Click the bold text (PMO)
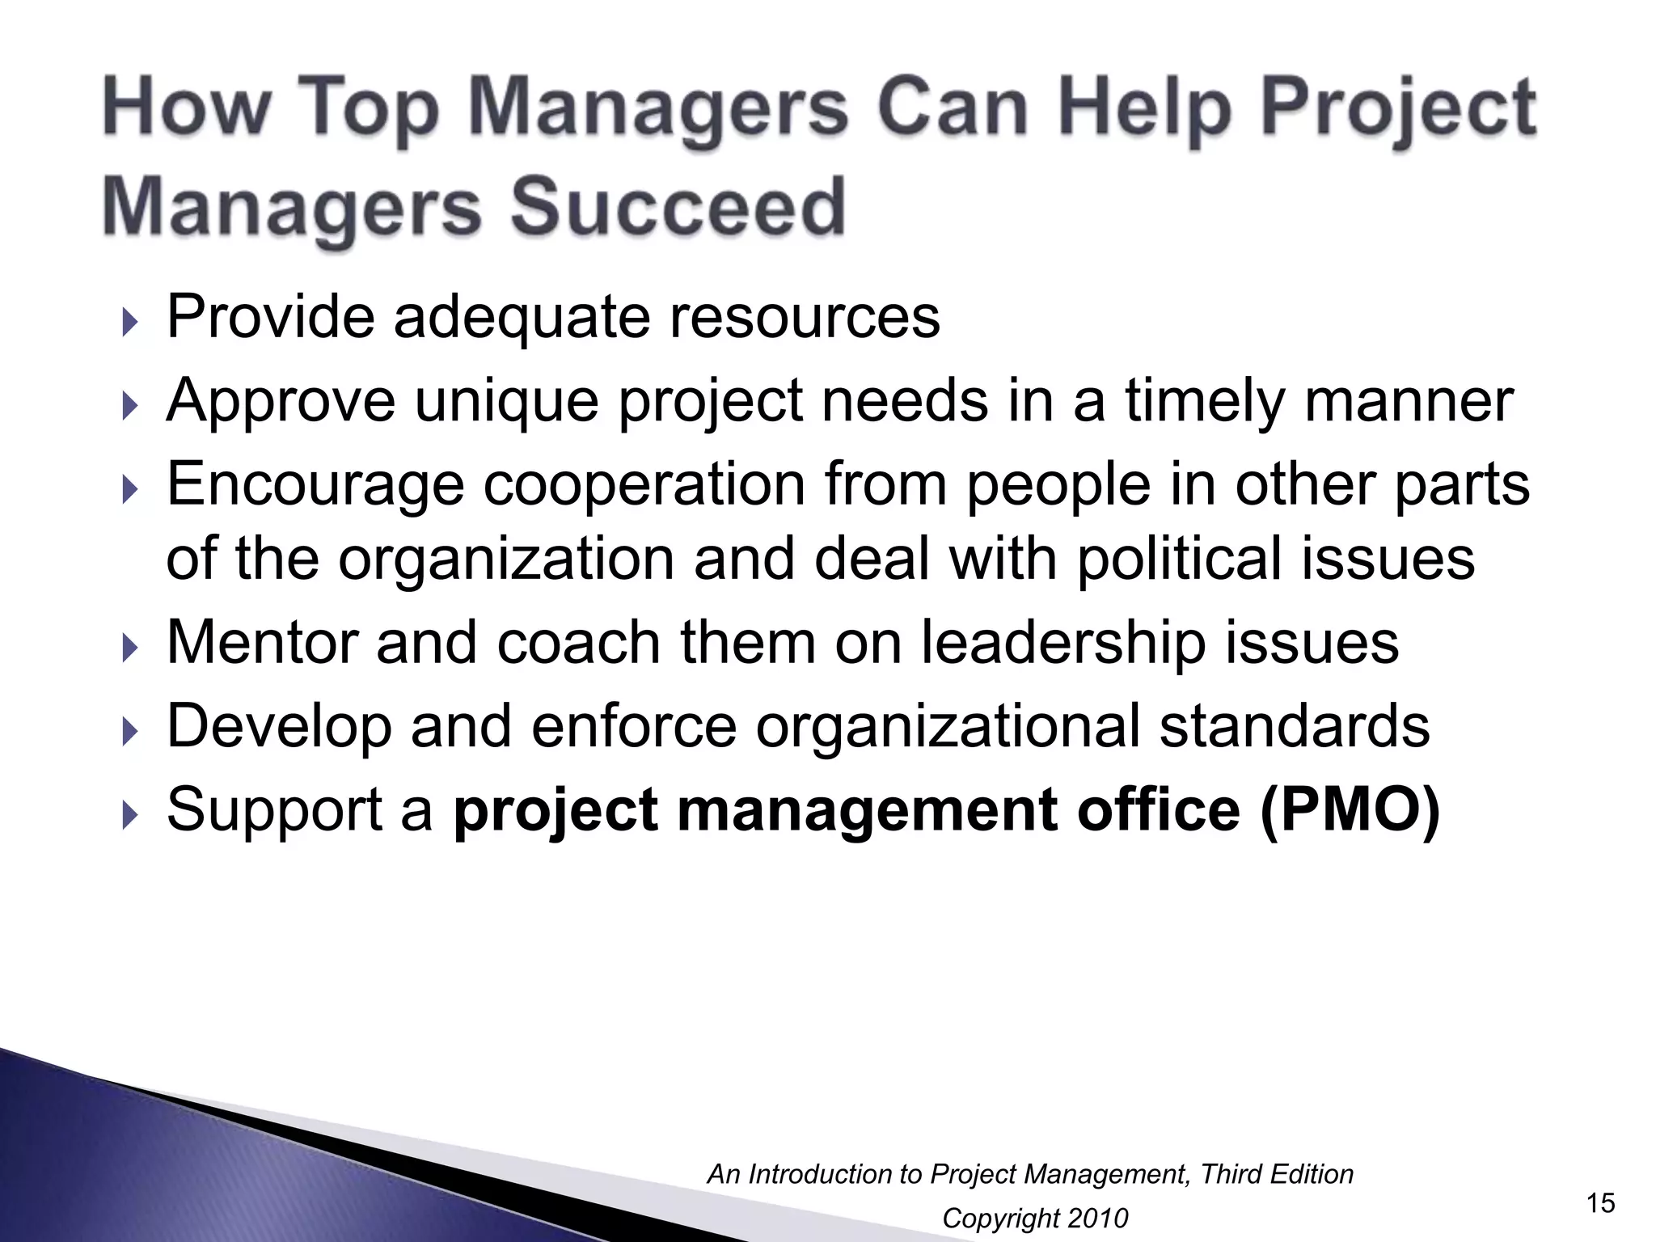pyautogui.click(x=1350, y=809)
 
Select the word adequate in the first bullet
pyautogui.click(x=522, y=316)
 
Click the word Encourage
pyautogui.click(x=315, y=484)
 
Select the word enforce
pyautogui.click(x=634, y=726)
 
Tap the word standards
pyautogui.click(x=1295, y=726)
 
